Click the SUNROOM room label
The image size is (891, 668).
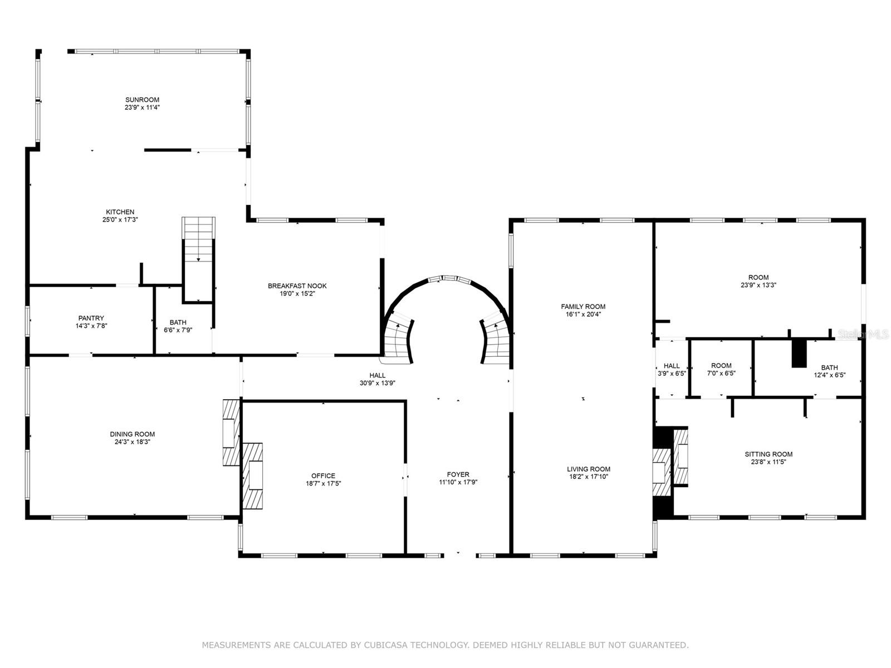(x=142, y=100)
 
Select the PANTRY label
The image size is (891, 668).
(x=91, y=318)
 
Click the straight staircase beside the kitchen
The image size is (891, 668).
(x=199, y=259)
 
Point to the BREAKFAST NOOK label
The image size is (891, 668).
(x=297, y=286)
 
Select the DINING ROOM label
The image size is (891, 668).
(x=132, y=434)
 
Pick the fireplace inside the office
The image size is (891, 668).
(x=253, y=475)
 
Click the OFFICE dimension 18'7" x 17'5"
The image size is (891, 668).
(x=323, y=484)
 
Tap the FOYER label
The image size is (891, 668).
(x=458, y=474)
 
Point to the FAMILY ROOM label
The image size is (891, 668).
(x=583, y=306)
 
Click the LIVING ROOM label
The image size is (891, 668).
(x=589, y=469)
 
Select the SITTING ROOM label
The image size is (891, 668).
(x=768, y=454)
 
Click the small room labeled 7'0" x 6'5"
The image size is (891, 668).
(x=721, y=369)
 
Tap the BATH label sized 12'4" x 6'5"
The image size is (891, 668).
(x=829, y=367)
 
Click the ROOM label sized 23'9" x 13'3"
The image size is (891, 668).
(x=758, y=277)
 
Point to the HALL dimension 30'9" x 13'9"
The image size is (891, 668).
(x=377, y=383)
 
